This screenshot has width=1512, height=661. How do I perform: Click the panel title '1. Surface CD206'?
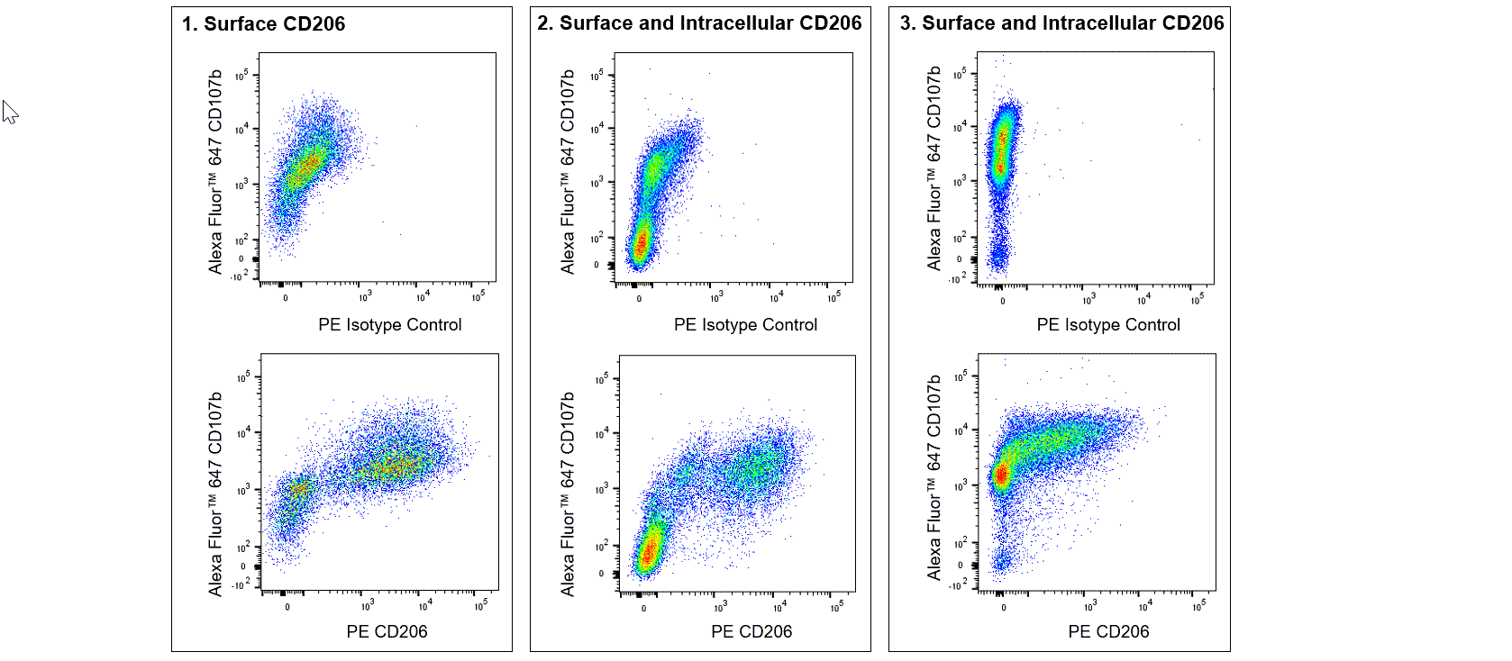[263, 24]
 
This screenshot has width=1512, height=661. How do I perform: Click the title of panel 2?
[699, 23]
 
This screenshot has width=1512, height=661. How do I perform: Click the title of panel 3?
[1061, 23]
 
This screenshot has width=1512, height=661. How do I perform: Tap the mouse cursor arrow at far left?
[10, 112]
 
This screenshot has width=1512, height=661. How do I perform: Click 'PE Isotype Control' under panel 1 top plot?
[389, 325]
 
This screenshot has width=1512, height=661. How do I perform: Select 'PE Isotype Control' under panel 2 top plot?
[745, 325]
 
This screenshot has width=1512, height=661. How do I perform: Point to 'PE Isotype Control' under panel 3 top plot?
[1107, 325]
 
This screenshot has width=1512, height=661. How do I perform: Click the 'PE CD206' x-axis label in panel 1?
[387, 632]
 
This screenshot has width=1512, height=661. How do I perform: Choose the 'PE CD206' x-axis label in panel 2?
[751, 632]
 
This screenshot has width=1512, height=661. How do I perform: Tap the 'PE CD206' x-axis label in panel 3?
[1108, 632]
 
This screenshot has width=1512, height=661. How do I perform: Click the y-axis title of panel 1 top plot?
[215, 171]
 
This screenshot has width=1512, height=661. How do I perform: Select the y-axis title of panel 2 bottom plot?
[568, 493]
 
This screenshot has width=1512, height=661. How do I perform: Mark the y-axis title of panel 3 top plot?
[934, 168]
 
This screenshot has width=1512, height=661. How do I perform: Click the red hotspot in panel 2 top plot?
[641, 244]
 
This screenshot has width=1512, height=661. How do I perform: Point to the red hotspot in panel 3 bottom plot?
[1001, 475]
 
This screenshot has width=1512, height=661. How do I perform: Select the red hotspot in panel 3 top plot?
[1000, 149]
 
